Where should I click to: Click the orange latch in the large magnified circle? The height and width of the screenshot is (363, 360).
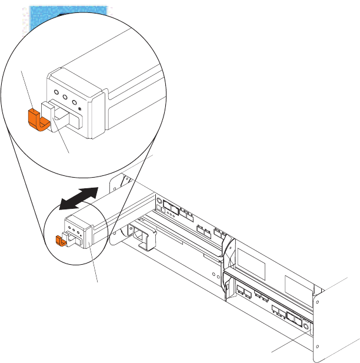coord(36,119)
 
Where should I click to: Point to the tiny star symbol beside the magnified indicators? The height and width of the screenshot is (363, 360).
coord(79,108)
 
